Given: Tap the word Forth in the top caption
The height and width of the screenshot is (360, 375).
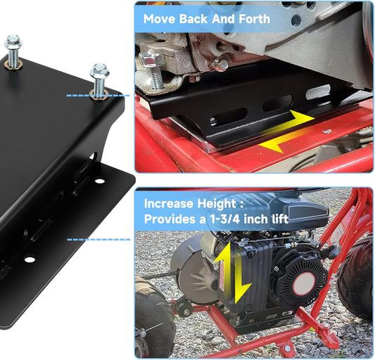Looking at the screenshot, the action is (255, 19).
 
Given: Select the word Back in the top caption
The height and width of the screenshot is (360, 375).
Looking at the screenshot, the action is (193, 19).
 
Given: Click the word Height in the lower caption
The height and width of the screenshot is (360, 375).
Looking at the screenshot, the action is (217, 204).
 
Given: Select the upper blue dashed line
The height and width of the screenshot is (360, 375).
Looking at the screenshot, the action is (98, 96).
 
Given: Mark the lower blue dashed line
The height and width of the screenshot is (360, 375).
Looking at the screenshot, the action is (98, 239).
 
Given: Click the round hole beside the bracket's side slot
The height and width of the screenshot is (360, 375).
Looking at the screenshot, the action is (100, 181).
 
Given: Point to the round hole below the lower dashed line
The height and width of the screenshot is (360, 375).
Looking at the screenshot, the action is (30, 259).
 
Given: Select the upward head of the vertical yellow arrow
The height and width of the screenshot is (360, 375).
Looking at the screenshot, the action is (223, 252).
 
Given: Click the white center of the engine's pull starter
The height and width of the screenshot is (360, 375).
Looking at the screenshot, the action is (304, 284).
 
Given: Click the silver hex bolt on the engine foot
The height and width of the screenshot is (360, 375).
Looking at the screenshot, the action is (150, 59).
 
